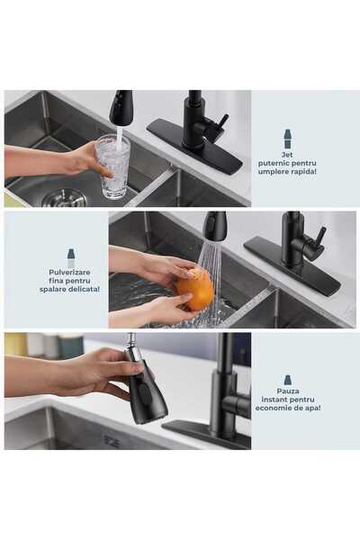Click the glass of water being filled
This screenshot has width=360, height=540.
click(112, 166)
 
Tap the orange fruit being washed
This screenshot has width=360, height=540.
click(195, 289)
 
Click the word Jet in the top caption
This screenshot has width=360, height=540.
click(287, 154)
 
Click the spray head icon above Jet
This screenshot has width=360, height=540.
click(287, 139)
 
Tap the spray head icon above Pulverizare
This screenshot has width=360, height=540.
click(70, 257)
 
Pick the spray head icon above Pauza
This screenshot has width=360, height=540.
click(287, 380)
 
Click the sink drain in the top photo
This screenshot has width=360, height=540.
click(64, 197)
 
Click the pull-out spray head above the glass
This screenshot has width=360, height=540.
click(121, 107)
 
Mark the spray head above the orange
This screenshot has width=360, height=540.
click(214, 226)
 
